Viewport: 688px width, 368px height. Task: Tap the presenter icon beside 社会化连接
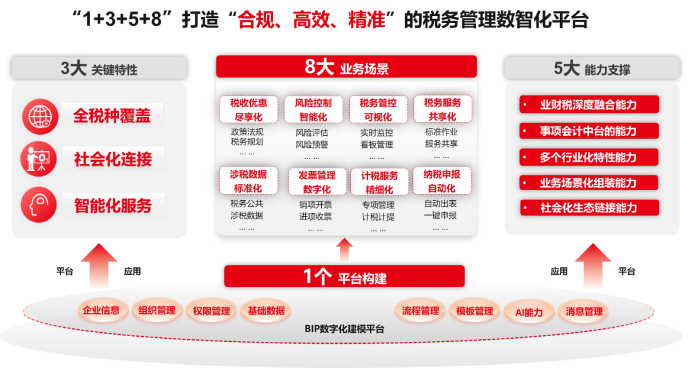pos(40,159)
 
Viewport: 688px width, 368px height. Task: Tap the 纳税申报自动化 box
pos(441,181)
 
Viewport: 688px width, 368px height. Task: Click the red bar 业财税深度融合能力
pos(589,105)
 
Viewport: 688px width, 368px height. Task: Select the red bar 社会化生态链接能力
pos(589,207)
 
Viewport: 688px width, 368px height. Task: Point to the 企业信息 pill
pos(101,311)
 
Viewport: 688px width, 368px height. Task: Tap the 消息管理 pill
pos(584,311)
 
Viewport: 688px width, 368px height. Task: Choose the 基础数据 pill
pos(266,311)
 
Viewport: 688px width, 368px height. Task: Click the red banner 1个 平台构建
pos(345,277)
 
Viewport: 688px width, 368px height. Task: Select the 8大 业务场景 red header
pos(346,67)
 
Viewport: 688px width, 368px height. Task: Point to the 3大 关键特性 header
pos(99,68)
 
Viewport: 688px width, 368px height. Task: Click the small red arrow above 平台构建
pos(345,249)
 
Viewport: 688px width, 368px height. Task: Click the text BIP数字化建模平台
pos(345,329)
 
